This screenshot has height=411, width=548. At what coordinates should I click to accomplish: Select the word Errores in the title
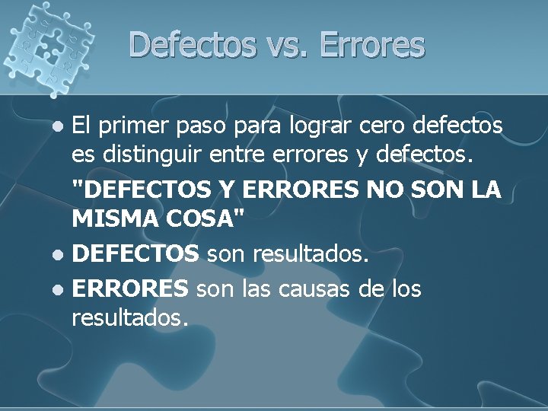pyautogui.click(x=372, y=46)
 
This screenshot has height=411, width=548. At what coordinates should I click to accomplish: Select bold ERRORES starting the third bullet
pyautogui.click(x=129, y=289)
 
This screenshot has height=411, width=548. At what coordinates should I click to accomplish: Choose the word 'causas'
pyautogui.click(x=327, y=289)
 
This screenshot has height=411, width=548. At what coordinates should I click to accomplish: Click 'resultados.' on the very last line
pyautogui.click(x=129, y=317)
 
